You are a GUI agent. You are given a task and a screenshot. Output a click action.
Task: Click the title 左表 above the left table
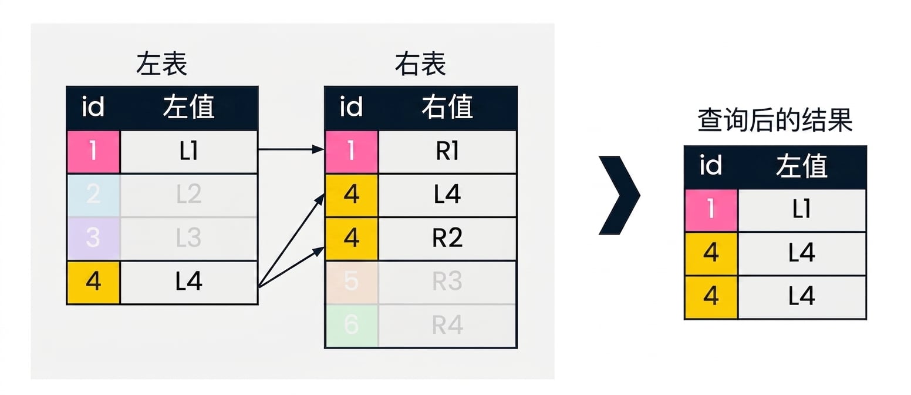point(161,64)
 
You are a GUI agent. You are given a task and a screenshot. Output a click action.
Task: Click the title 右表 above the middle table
point(420,64)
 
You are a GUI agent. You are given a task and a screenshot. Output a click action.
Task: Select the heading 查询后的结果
point(775,120)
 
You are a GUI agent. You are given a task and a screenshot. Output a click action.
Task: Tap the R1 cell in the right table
point(447,152)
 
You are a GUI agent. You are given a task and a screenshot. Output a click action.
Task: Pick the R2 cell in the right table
point(447,238)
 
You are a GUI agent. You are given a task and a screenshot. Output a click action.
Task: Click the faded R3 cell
point(447,282)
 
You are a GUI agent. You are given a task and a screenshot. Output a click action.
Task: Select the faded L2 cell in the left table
point(189,195)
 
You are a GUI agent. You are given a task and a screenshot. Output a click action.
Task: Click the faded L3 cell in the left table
point(189,238)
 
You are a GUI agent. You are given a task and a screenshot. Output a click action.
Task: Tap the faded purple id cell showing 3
point(93,238)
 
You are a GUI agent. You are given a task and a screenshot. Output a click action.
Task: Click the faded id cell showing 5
point(352,282)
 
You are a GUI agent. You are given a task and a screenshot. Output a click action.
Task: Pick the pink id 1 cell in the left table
point(93,152)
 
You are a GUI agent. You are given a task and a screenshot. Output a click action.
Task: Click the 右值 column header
point(447,107)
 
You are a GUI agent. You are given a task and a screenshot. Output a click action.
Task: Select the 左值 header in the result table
point(802,166)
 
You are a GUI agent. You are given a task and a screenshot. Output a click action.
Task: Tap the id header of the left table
point(93,107)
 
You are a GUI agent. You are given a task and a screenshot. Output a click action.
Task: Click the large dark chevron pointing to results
point(619,196)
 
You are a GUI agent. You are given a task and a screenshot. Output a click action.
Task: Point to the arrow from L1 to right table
point(291,149)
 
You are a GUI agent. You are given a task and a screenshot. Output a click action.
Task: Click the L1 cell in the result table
point(802,210)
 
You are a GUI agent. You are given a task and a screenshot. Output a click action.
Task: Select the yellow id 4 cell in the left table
point(93,282)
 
